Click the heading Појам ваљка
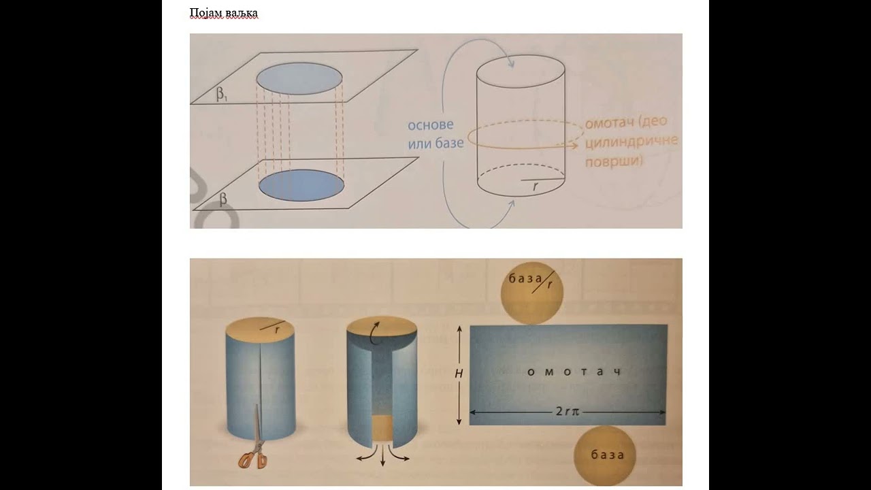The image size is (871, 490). coord(224,14)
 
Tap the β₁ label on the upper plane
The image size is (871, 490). coord(222,95)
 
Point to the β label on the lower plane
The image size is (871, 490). coord(223,199)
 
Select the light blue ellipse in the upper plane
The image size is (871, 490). coord(299,78)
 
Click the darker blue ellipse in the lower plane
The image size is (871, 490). coord(301,185)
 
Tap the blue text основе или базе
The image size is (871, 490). coord(435,134)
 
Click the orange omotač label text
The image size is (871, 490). coord(631,141)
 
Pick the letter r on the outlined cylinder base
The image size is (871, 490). coord(536,186)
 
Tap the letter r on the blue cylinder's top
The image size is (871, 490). coord(277,331)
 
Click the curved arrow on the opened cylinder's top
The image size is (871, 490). coord(375,333)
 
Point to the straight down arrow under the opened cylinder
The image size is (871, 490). coord(383,455)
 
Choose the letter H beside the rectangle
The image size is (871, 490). coord(459,374)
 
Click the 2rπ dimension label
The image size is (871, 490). coord(568,412)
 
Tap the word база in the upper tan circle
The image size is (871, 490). coord(525,278)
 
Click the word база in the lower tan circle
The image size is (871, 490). coord(608,455)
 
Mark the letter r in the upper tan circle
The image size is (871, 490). coord(550,284)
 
